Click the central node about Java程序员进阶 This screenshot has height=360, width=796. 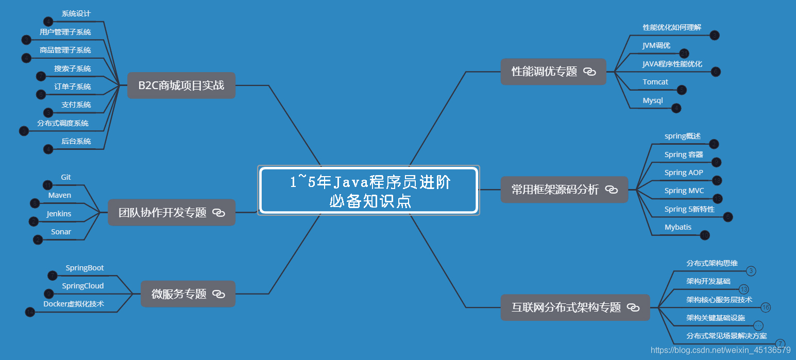[x=369, y=190]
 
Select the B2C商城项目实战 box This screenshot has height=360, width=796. [x=181, y=85]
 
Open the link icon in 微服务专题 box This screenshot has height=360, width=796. [x=219, y=294]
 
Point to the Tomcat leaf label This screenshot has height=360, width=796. [x=655, y=82]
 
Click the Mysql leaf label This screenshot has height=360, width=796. [x=653, y=100]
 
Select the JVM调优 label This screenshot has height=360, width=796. [x=656, y=45]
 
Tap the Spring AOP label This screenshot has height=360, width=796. [x=684, y=173]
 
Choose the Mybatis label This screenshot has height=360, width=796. [x=678, y=227]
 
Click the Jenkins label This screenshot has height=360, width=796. [x=59, y=214]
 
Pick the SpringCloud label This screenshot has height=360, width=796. [x=83, y=286]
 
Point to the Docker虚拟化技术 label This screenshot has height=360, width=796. [x=74, y=304]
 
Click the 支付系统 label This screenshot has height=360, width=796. [x=76, y=105]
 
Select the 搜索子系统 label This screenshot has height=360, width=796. [x=73, y=68]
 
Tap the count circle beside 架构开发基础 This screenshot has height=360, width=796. [x=743, y=289]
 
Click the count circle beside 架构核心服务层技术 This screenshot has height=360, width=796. [x=766, y=307]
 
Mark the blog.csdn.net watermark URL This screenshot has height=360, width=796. [x=720, y=350]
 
